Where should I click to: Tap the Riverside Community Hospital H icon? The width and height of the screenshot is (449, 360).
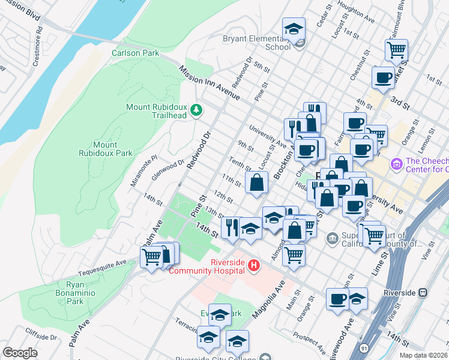(x=254, y=265)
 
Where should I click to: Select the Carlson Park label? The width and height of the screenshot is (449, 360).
(x=136, y=53)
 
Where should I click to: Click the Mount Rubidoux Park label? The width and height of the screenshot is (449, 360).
(x=105, y=149)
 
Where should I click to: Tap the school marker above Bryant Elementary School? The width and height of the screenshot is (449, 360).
(x=294, y=28)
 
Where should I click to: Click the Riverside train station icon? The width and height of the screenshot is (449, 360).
(x=423, y=293)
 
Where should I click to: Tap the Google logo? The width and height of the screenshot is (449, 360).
(x=20, y=353)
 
